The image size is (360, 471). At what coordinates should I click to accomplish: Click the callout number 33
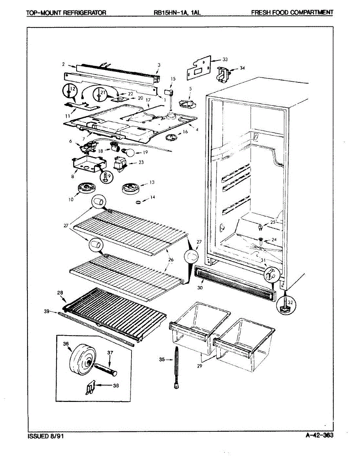coord(225,60)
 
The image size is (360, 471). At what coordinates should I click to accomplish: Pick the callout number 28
coord(60,292)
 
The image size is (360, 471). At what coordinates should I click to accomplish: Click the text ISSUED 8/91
coord(45,436)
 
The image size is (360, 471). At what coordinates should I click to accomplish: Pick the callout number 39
coord(47,311)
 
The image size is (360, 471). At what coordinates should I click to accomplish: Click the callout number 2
coord(63,64)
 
